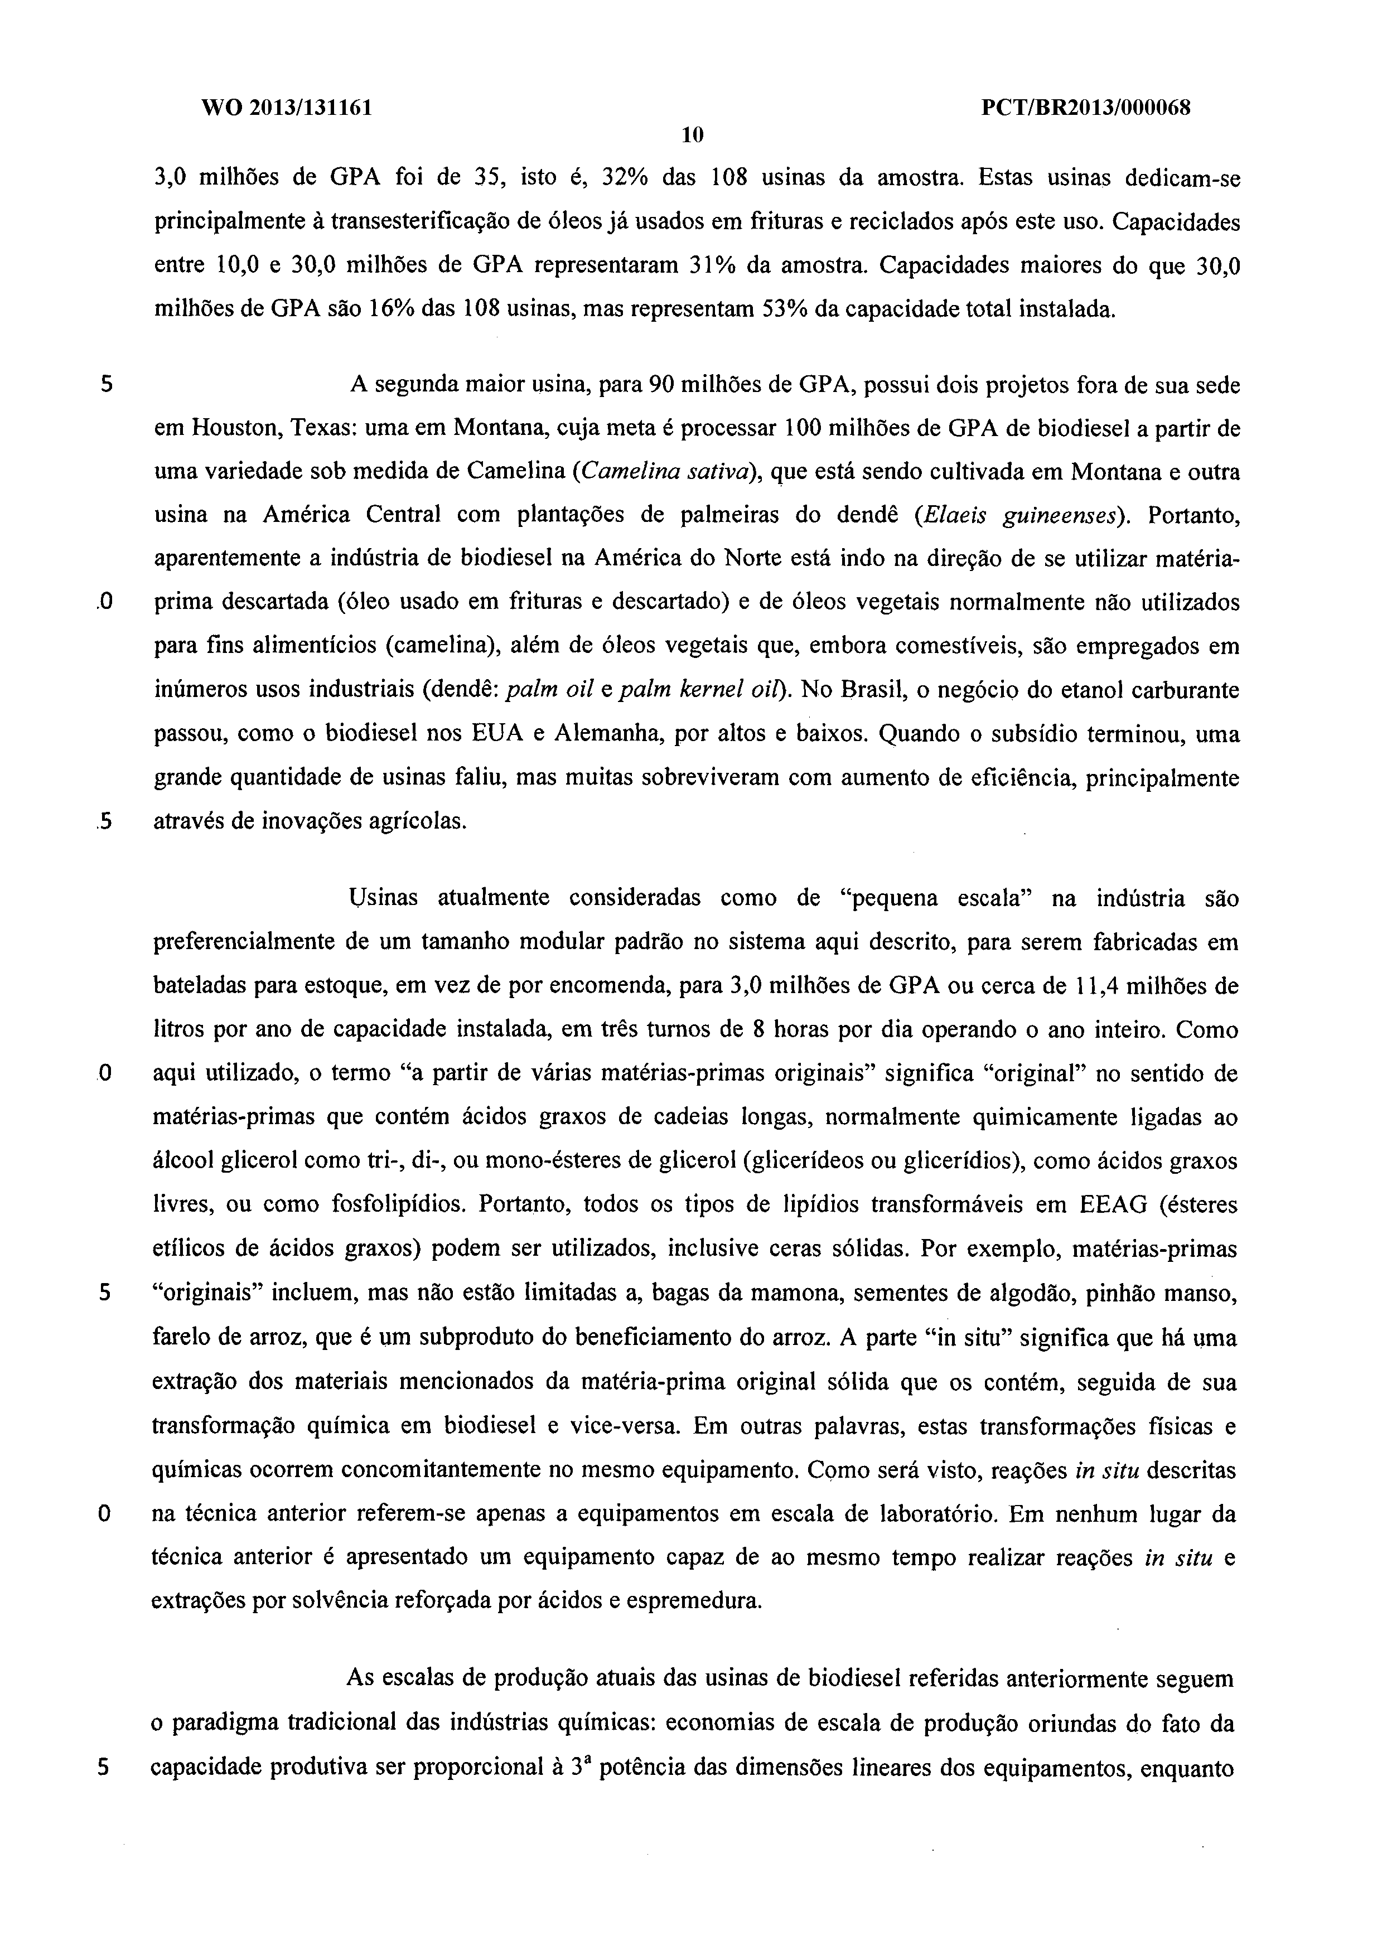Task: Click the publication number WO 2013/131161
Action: tap(287, 108)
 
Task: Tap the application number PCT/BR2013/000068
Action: tap(1086, 108)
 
